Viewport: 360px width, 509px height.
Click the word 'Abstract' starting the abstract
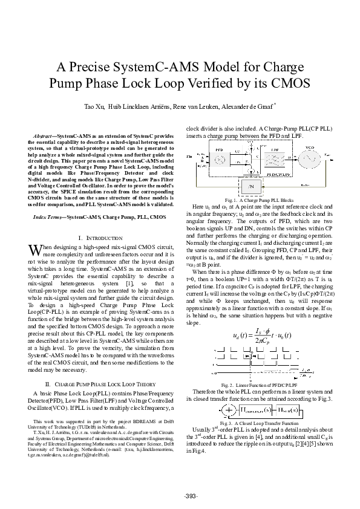coord(43,137)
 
